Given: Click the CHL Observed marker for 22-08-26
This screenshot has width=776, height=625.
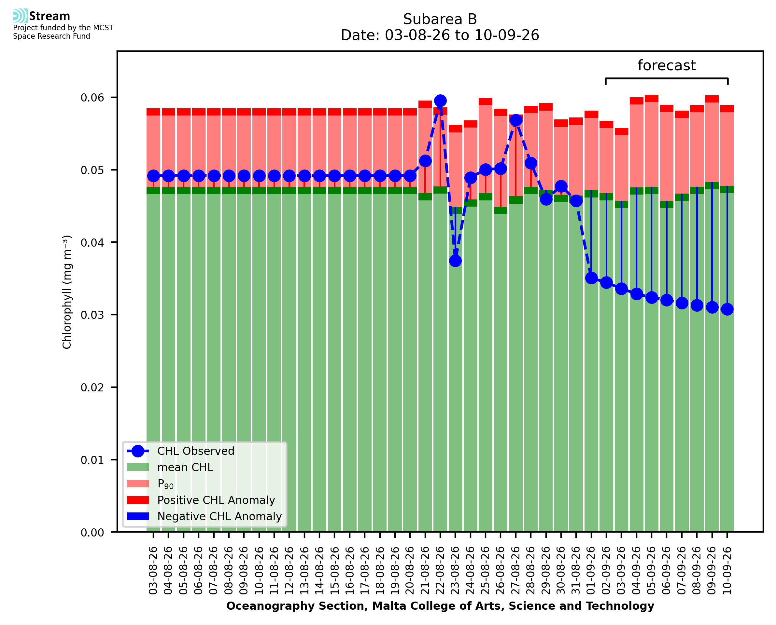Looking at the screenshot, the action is coord(440,101).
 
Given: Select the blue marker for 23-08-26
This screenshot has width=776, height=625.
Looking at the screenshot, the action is coord(455,261).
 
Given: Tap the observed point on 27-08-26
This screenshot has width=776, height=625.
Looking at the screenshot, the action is coord(515,120).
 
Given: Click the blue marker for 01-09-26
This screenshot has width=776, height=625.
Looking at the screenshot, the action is coord(591,278).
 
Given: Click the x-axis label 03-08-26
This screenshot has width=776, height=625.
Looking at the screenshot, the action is coord(153,571).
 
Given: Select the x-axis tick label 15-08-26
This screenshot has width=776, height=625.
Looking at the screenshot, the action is coord(334,571).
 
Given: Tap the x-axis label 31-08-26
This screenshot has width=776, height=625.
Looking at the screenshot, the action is coord(576,571).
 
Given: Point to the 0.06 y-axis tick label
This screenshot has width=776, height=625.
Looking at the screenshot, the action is coord(92,98).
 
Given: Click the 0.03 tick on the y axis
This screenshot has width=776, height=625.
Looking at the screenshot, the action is coord(92,315).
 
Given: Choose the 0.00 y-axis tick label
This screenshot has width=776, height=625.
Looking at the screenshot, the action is coord(92,533).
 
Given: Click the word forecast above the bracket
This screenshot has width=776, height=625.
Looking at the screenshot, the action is coord(667,65).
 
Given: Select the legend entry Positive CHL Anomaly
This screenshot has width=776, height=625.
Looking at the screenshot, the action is coord(201,500).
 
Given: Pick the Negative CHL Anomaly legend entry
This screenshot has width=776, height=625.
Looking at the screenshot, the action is coord(204,516).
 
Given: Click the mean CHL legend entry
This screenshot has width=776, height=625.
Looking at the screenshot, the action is coord(170,467).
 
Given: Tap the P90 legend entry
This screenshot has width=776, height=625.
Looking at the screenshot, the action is coord(150,484).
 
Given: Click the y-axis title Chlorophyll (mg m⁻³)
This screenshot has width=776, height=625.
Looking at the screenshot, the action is coord(67,292).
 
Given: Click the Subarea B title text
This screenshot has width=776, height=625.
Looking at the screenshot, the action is coord(440,19).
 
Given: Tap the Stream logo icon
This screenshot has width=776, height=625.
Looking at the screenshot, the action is coord(20,16).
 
